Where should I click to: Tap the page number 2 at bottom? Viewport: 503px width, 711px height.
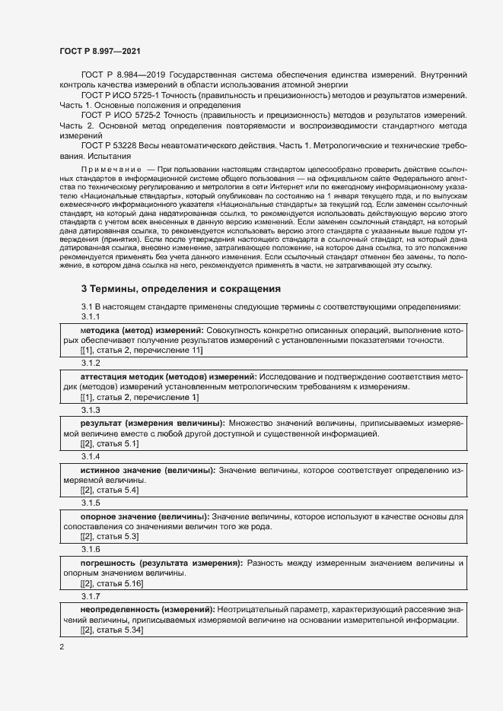(x=62, y=646)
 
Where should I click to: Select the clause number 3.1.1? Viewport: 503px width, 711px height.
(x=91, y=316)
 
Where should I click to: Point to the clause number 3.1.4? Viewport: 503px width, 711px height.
(x=91, y=456)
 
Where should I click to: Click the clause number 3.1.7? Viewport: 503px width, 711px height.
(x=91, y=596)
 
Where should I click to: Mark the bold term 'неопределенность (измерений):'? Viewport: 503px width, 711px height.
(x=148, y=609)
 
